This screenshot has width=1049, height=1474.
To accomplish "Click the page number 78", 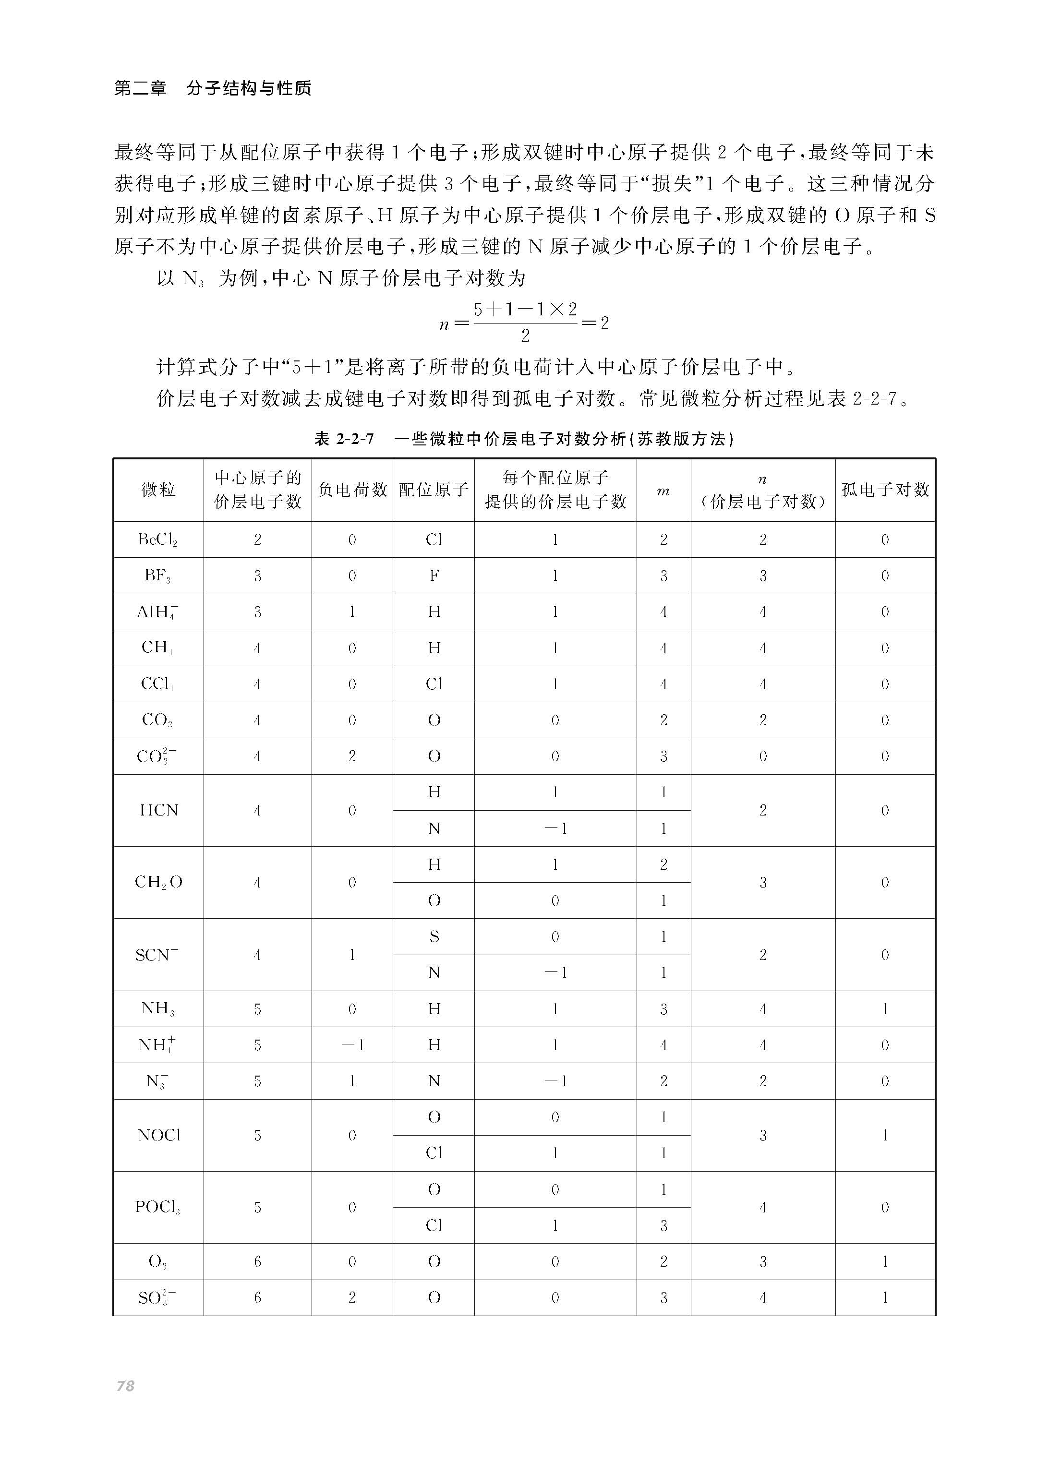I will click(125, 1386).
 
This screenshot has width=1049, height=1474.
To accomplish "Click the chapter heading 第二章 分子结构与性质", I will click(213, 88).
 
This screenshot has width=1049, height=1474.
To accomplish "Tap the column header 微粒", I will click(158, 490).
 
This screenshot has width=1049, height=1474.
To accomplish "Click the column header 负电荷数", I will click(352, 490).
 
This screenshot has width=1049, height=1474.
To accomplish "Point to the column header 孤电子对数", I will click(885, 490).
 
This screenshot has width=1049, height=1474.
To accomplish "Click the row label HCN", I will click(158, 810).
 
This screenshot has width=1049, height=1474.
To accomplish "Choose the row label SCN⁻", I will click(157, 954).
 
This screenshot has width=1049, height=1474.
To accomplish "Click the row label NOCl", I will click(158, 1135).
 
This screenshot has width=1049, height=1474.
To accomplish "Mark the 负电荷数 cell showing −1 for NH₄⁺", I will click(352, 1044).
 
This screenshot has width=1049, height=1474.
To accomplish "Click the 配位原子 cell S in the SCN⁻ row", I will click(434, 937).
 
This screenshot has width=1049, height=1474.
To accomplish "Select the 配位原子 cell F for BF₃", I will click(434, 576).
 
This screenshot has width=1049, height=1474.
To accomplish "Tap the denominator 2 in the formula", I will click(525, 336).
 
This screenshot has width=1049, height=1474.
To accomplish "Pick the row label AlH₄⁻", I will click(157, 612).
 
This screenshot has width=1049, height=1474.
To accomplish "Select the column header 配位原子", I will click(434, 490).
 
